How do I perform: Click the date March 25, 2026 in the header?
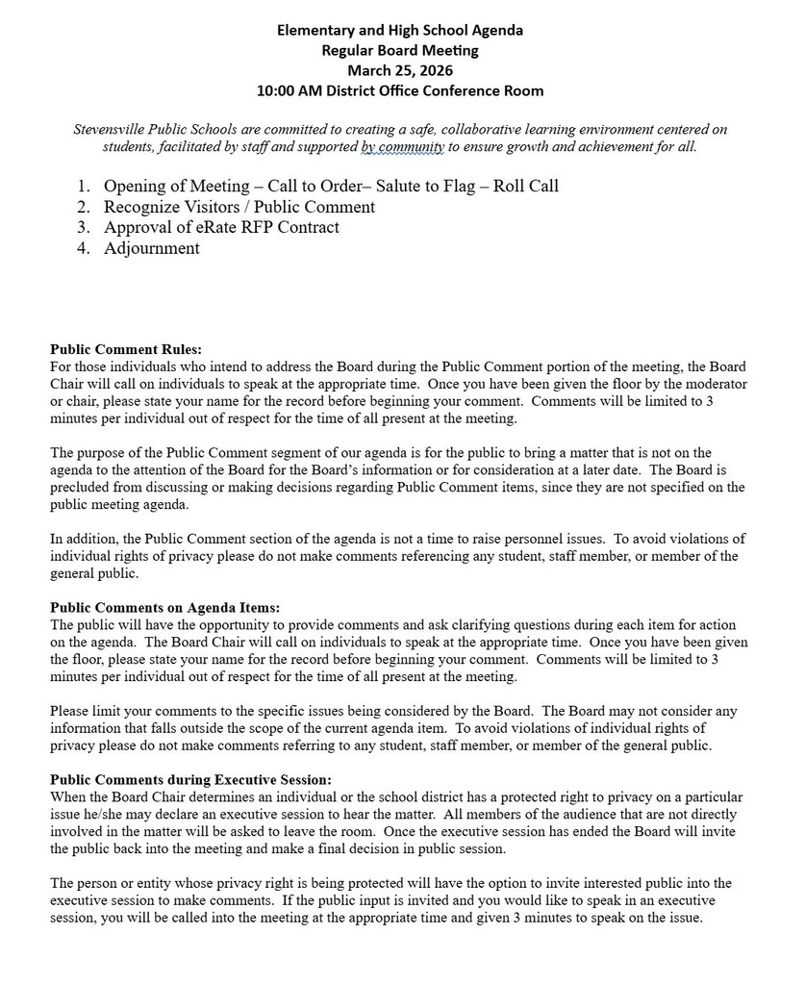coord(400,70)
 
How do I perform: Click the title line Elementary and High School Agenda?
coord(400,30)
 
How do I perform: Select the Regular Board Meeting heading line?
coord(400,50)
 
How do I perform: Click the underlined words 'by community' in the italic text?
coord(403,147)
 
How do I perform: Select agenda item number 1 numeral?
coord(84,186)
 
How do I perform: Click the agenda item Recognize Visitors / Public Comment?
coord(239,207)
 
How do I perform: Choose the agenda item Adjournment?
coord(152,248)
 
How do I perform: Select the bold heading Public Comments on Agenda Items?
coord(165,607)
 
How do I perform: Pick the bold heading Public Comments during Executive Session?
coord(190,779)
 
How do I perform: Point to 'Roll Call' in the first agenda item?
coord(526,186)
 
